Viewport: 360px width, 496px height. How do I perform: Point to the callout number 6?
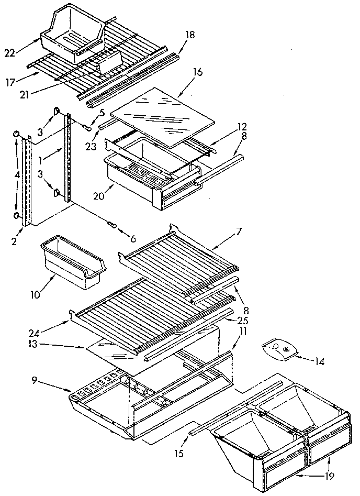tap(132, 239)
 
